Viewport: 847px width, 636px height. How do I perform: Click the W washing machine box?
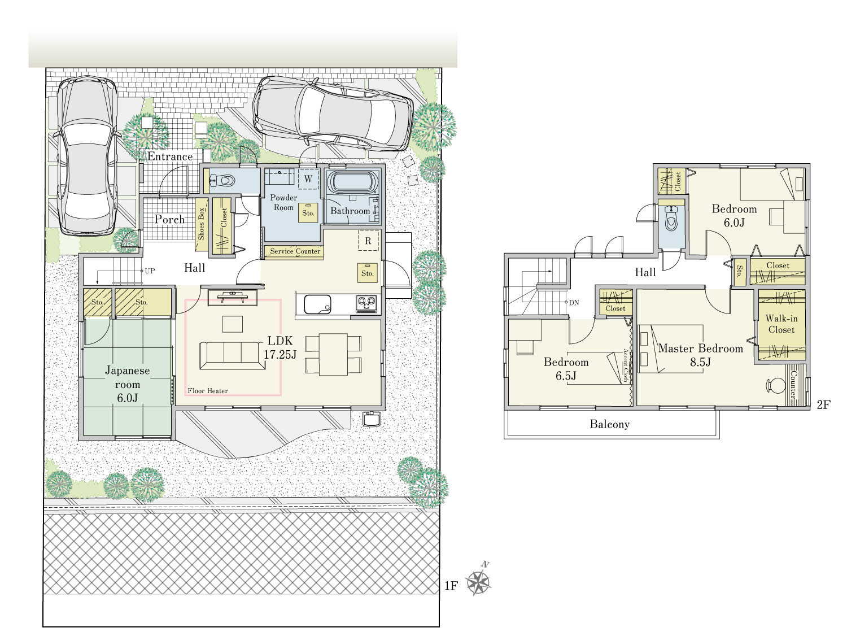point(308,179)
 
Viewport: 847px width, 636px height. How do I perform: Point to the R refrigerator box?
point(368,241)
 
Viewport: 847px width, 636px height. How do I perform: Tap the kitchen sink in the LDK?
point(317,304)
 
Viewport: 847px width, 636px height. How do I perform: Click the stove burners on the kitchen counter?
point(366,303)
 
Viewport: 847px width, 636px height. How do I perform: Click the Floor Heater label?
point(208,391)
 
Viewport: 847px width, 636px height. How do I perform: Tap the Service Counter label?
point(295,251)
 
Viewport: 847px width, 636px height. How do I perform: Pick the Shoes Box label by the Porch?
point(201,224)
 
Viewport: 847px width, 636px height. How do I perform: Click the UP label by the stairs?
point(150,271)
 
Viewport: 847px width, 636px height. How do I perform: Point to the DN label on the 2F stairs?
point(574,303)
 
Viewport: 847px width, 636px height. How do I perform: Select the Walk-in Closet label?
point(781,324)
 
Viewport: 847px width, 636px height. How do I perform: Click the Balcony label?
point(610,425)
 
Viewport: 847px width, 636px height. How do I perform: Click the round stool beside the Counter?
point(776,386)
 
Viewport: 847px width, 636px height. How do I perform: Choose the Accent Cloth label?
point(626,365)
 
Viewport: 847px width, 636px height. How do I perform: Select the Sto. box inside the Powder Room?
point(308,212)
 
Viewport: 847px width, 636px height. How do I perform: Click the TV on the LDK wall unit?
point(232,296)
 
